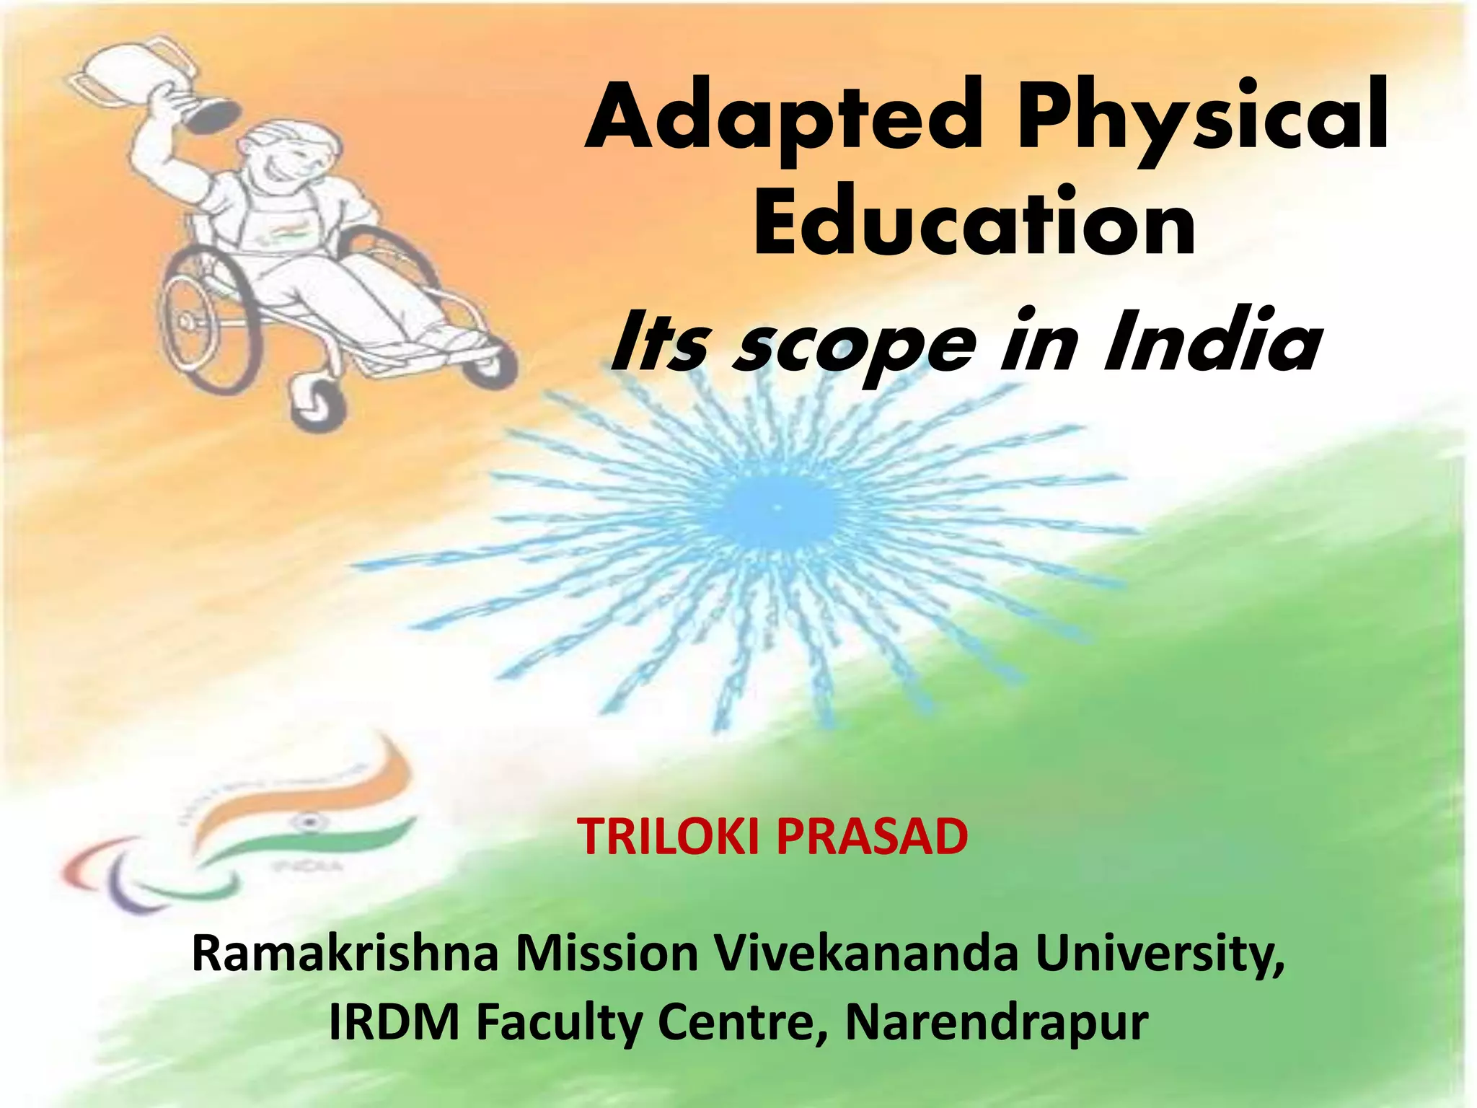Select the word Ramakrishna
pos(345,954)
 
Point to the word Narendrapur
pos(996,1023)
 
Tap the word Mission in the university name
pos(607,954)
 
